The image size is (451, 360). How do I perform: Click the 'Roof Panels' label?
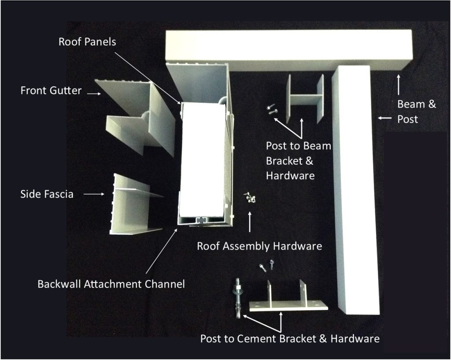point(87,42)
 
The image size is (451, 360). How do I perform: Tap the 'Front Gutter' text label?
point(51,91)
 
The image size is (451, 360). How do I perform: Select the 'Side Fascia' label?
point(47,194)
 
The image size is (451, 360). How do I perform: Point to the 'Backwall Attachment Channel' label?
point(111,284)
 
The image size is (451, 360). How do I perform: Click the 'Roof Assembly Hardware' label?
point(259,246)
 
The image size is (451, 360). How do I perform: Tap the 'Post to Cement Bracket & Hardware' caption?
point(290,339)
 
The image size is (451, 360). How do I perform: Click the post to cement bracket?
point(288,297)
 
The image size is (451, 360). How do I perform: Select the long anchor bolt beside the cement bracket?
point(237,298)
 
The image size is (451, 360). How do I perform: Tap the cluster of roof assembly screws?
point(249,198)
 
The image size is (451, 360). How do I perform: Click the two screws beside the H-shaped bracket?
point(271,109)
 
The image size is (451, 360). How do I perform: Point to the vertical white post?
point(355,190)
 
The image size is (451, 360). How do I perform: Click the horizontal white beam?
point(289,51)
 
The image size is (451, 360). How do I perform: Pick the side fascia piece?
point(135,204)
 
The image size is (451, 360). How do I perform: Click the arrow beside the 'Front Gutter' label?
point(94,93)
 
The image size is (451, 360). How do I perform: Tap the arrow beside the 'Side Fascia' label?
point(94,194)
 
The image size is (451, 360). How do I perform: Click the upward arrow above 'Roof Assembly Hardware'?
point(250,222)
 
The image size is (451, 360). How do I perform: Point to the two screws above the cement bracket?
point(267,265)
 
